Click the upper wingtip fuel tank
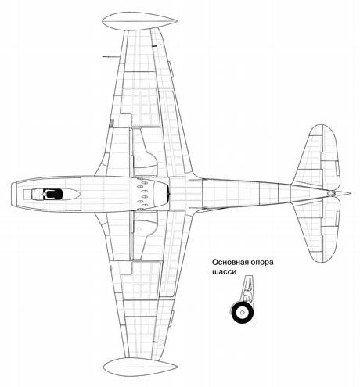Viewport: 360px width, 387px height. click(x=139, y=21)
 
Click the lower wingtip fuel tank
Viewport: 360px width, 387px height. click(x=141, y=367)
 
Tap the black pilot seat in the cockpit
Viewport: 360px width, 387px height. click(x=54, y=194)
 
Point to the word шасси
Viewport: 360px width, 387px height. click(x=224, y=272)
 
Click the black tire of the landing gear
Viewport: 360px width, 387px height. click(x=243, y=312)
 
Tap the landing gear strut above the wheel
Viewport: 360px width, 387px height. click(x=247, y=289)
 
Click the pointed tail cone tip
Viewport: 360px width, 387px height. click(x=350, y=193)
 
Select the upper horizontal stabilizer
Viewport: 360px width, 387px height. click(x=318, y=156)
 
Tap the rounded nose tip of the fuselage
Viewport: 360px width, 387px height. click(x=12, y=194)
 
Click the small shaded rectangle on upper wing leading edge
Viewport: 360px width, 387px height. click(x=112, y=123)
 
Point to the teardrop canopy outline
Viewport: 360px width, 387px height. click(x=51, y=194)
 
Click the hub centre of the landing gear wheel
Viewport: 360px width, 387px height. click(x=243, y=312)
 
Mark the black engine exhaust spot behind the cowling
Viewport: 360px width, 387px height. click(x=168, y=194)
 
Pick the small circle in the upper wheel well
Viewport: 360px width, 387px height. click(x=139, y=159)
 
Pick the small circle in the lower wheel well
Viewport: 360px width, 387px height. click(x=139, y=229)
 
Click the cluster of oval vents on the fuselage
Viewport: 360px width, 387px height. click(x=142, y=194)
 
